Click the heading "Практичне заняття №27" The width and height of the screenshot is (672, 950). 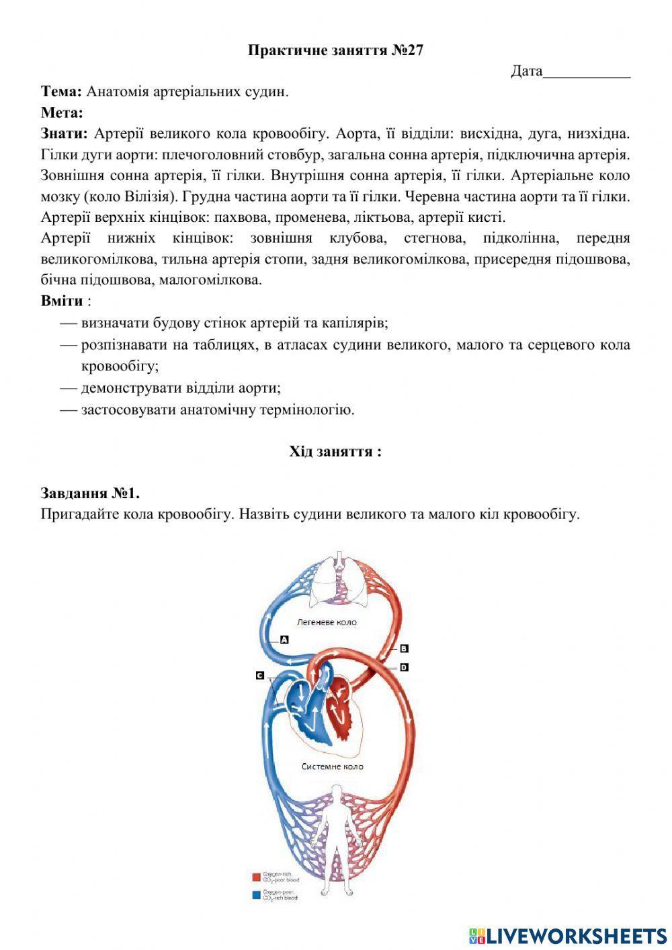[x=335, y=50]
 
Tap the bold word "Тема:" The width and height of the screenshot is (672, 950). [x=62, y=91]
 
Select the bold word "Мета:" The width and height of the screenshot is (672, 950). [x=62, y=112]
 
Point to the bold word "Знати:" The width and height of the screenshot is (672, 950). [x=65, y=134]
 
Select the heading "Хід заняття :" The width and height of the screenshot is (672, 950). [x=335, y=451]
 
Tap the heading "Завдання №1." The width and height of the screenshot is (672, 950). [x=90, y=493]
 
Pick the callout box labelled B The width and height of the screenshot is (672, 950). [x=404, y=649]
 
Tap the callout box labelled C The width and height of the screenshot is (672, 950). [x=260, y=675]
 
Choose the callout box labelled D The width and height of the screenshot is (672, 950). [x=404, y=667]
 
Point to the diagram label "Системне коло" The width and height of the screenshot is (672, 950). [x=333, y=766]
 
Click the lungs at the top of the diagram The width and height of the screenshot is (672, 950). [x=339, y=579]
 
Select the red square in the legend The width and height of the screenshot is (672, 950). [x=256, y=877]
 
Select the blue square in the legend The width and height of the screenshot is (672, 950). [x=256, y=895]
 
